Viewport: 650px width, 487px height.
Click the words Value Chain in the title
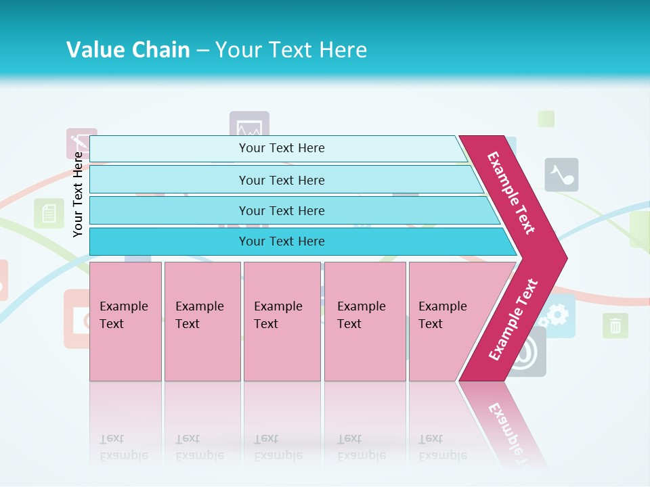128,50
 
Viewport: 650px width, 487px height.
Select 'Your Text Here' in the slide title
291,50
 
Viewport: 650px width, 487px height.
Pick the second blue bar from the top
282,180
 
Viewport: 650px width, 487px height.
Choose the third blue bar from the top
282,210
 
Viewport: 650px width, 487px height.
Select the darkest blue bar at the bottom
282,241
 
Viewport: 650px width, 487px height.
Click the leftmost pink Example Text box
125,321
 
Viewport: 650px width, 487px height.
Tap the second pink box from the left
202,321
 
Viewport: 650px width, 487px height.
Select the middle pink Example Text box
282,321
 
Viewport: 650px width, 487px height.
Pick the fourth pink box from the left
365,321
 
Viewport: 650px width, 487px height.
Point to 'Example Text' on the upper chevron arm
511,192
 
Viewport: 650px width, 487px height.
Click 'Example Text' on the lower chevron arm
513,319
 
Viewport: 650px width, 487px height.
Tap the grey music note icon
561,175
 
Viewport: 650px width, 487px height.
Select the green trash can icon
615,326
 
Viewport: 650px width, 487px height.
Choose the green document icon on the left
49,214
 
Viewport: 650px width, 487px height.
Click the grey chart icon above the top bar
249,126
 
